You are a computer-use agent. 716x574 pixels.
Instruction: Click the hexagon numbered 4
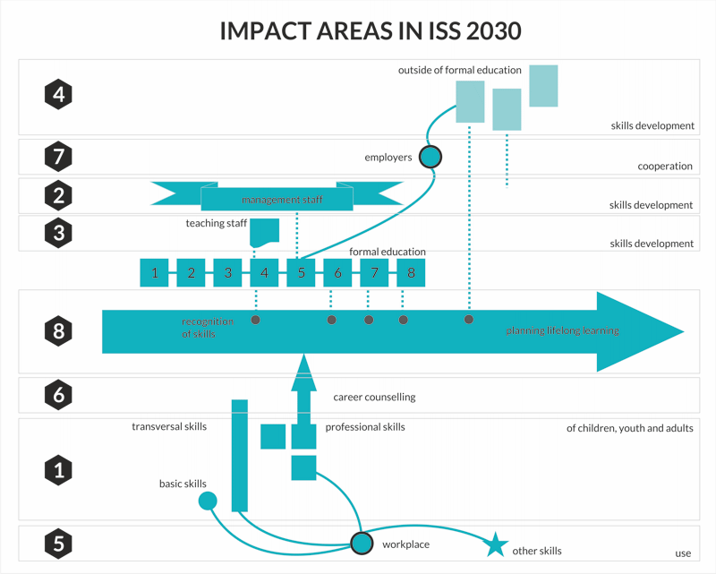click(x=58, y=95)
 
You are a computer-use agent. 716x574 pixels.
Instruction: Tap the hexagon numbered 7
click(x=58, y=157)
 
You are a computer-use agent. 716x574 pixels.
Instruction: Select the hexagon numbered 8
click(x=58, y=330)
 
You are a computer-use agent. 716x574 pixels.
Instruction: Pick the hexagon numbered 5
click(x=58, y=544)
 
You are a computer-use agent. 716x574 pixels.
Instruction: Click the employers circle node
click(x=430, y=157)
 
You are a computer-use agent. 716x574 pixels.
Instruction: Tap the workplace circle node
click(x=362, y=544)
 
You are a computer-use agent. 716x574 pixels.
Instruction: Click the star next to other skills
click(x=496, y=544)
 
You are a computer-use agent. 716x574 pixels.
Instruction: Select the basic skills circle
click(x=208, y=501)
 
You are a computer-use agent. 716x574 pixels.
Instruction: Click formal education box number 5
click(x=301, y=273)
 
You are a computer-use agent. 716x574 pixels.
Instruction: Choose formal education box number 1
click(x=154, y=273)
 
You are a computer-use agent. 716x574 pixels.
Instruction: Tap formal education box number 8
click(x=411, y=273)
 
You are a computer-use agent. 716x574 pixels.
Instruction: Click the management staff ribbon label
click(x=282, y=200)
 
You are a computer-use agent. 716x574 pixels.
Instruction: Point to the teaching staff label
click(x=216, y=223)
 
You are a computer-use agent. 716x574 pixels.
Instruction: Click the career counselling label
click(x=374, y=397)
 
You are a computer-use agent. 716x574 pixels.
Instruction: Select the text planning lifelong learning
click(x=563, y=330)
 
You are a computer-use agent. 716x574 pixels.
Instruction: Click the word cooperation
click(x=665, y=166)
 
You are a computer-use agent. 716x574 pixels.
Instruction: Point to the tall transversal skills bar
click(x=240, y=456)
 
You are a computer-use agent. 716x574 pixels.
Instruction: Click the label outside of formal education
click(x=460, y=70)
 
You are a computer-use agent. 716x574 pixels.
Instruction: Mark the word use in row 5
click(x=683, y=553)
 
